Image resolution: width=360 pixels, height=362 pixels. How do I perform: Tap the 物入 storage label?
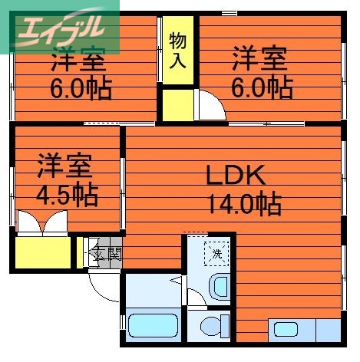(x=177, y=50)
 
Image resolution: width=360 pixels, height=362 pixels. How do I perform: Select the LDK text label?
(x=235, y=176)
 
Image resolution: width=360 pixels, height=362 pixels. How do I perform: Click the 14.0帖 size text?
(x=243, y=205)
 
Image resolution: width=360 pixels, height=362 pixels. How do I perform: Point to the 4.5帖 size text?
(x=68, y=195)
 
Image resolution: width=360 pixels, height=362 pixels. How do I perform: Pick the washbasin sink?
(x=220, y=288)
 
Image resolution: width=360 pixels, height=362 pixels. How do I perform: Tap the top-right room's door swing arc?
(x=214, y=104)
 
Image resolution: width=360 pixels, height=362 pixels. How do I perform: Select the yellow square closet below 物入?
(x=177, y=104)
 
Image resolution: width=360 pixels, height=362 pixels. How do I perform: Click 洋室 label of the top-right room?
(x=260, y=58)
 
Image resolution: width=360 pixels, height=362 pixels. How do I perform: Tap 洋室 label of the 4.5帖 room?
(x=64, y=166)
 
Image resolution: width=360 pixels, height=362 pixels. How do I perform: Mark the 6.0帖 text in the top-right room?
(x=261, y=87)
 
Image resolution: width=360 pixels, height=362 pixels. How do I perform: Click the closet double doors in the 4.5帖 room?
(x=44, y=224)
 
